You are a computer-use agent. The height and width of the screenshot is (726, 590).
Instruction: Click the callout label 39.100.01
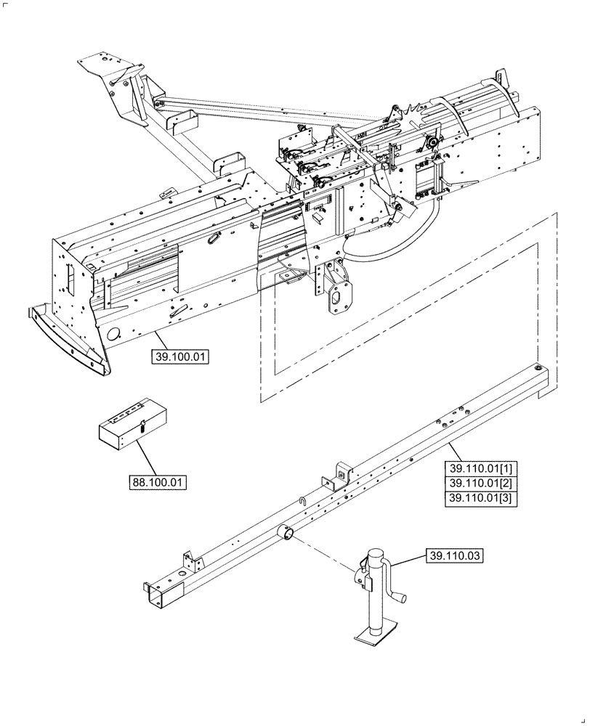coord(180,356)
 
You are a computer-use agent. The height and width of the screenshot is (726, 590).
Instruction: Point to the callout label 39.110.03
coord(454,556)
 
